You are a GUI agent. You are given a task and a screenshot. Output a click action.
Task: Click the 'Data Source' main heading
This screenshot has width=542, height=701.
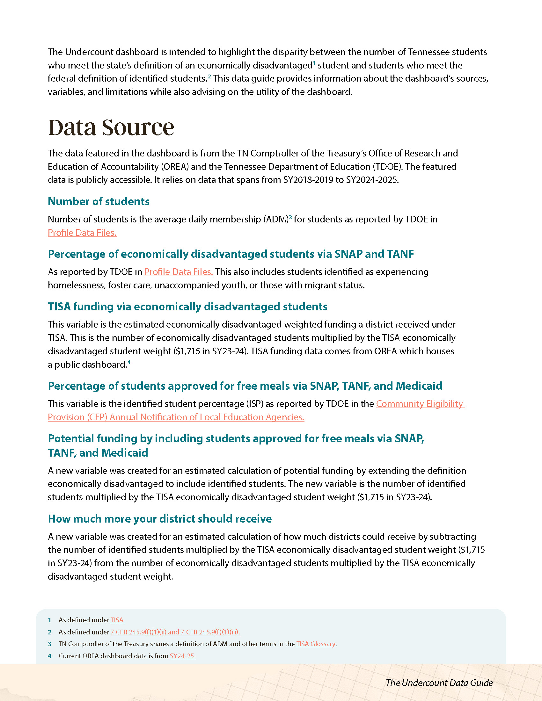[x=111, y=127]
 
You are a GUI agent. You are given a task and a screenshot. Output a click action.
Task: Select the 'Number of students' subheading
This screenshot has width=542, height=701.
[x=99, y=202]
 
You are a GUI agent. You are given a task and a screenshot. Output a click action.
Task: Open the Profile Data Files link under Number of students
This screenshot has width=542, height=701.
[x=82, y=233]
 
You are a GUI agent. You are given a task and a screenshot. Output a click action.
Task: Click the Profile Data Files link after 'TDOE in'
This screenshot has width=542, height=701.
[x=179, y=272]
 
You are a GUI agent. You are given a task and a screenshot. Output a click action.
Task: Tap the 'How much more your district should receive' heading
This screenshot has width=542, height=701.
[x=160, y=519]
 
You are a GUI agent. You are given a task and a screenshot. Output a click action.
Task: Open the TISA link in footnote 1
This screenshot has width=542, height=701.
[x=118, y=620]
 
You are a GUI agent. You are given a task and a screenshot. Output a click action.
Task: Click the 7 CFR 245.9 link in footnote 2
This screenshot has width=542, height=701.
[x=175, y=632]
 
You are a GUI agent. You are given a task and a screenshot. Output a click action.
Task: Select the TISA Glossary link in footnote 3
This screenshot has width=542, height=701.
[x=316, y=644]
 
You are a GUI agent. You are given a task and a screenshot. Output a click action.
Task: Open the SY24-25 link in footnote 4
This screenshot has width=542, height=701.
[x=182, y=656]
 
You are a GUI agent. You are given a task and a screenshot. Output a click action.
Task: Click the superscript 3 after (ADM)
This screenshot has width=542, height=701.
[x=290, y=217]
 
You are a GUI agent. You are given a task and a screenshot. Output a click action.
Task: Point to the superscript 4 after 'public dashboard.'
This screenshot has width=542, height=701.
[x=129, y=362]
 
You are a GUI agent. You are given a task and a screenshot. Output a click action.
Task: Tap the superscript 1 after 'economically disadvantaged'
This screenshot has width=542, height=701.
[x=314, y=63]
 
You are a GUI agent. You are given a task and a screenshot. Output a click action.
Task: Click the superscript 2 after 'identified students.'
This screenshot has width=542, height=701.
[x=209, y=76]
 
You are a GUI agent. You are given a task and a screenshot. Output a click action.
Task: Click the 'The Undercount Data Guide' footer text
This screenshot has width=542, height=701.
[x=439, y=683]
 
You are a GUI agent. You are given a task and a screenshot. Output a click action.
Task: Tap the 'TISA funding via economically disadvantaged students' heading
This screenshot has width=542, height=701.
[x=187, y=307]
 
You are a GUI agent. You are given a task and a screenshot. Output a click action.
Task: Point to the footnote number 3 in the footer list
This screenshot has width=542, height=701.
[x=50, y=644]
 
